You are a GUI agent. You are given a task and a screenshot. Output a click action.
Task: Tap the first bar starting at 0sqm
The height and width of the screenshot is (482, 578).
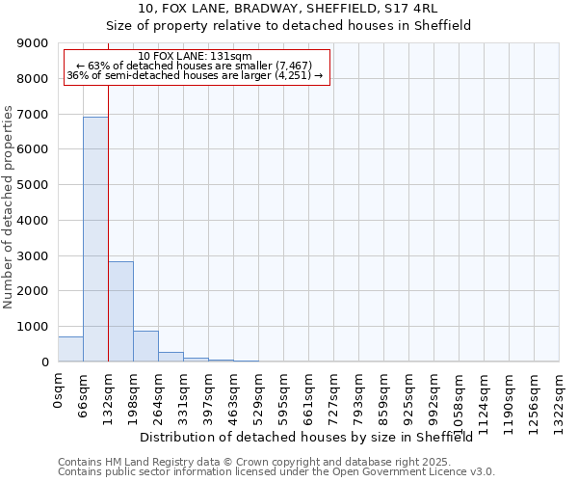70,349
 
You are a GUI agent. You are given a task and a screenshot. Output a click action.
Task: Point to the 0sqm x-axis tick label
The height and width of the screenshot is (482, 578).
59,390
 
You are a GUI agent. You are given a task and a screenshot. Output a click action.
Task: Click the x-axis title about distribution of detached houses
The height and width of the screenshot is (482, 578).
312,437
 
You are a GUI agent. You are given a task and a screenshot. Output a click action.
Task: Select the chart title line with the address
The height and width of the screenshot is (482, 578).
288,8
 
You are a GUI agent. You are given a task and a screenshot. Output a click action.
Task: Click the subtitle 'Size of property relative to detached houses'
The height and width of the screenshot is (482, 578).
288,25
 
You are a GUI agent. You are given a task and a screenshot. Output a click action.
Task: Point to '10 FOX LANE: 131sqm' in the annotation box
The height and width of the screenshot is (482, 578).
196,57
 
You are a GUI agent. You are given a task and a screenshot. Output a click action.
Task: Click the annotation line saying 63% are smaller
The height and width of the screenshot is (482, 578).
196,66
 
